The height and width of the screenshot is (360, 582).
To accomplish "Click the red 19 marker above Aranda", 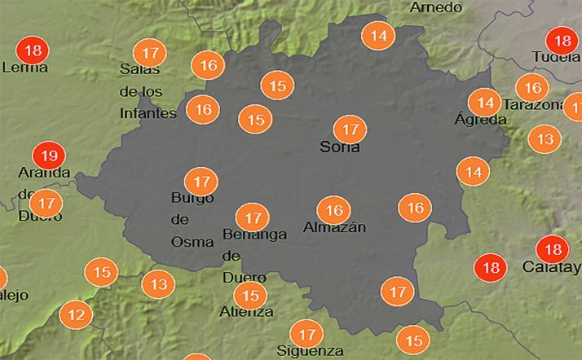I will coord(48,155).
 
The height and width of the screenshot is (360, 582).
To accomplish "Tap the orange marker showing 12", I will coord(76,314).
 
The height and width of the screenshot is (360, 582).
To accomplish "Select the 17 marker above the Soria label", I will coord(351,129).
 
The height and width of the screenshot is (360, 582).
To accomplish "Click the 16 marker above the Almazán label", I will coord(333,210).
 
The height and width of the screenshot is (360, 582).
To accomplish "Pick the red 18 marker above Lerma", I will coord(33,50).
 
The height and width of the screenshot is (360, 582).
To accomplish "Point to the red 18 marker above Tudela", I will coord(561,40).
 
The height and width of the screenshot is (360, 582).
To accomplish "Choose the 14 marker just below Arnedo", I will coord(378,35).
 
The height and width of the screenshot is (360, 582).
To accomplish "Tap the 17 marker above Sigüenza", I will coord(307,334).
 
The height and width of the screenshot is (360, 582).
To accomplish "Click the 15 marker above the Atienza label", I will coord(250,296).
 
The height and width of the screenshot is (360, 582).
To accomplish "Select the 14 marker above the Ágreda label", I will coord(485,102).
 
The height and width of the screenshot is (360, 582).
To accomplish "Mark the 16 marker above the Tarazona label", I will coord(532,87).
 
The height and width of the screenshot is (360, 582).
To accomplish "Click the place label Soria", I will coord(340,148).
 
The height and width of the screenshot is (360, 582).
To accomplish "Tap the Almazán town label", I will coord(334,227).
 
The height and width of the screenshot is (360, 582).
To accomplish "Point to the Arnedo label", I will coord(436,7).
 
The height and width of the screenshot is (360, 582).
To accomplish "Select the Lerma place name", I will coord(25,68).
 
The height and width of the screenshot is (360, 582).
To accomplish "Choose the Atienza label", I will coord(246,311).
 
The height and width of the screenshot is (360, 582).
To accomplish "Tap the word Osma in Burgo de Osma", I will coord(192,241).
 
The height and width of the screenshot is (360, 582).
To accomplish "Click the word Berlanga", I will coord(254,235).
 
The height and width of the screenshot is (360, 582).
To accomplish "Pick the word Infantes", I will coord(148,113).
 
